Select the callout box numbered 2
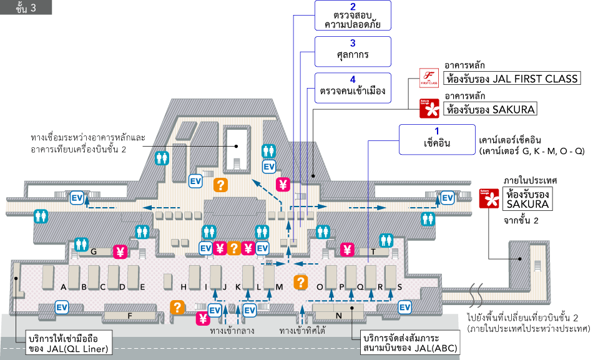click(x=353, y=16)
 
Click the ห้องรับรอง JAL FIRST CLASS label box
click(x=512, y=79)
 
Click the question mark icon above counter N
click(x=301, y=282)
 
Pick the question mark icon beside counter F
click(x=178, y=307)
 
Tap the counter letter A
click(x=64, y=287)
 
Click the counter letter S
click(x=399, y=287)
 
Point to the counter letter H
click(x=184, y=287)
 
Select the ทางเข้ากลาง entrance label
click(x=232, y=331)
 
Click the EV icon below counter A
click(x=62, y=307)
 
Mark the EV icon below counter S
click(x=405, y=307)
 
